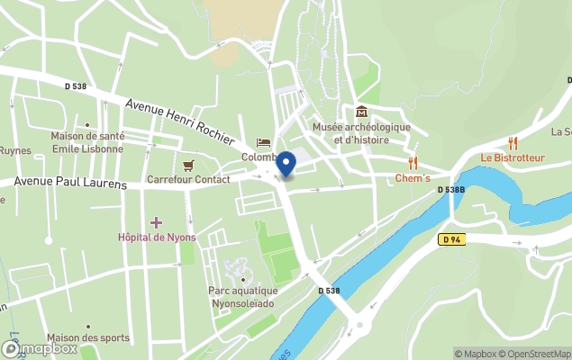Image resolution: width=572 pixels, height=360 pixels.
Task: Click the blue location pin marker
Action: [x=286, y=165]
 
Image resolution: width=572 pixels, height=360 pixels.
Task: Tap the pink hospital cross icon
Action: [x=156, y=222]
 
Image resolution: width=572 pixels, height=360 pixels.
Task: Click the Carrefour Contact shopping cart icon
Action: [x=188, y=165]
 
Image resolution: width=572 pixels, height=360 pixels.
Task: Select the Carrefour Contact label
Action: [x=188, y=179]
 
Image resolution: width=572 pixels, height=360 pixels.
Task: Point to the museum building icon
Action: [x=361, y=112]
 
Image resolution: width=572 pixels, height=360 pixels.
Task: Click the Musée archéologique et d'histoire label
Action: [x=361, y=133]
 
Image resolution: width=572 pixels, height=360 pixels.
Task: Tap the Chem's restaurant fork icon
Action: [x=413, y=163]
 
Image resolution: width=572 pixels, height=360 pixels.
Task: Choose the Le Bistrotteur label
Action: [x=512, y=157]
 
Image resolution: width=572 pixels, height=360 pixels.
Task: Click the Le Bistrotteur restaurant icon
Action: [x=513, y=142]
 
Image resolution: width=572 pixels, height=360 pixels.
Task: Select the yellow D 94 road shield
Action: [x=452, y=239]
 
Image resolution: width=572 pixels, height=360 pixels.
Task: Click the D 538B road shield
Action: [x=450, y=190]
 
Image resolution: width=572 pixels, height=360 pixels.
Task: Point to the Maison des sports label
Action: [x=88, y=338]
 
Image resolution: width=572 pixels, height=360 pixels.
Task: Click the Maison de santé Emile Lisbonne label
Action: [x=87, y=142]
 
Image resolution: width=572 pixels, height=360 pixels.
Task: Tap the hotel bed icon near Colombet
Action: [x=263, y=142]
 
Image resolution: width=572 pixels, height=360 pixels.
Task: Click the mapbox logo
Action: [x=40, y=347]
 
